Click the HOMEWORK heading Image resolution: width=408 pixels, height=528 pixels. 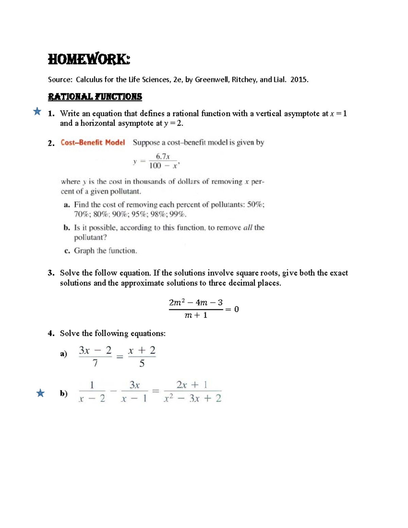pyautogui.click(x=89, y=59)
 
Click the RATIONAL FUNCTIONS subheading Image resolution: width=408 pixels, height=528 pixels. pyautogui.click(x=95, y=97)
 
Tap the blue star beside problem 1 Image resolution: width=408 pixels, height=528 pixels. pyautogui.click(x=37, y=111)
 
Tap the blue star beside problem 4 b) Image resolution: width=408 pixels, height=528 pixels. pyautogui.click(x=40, y=393)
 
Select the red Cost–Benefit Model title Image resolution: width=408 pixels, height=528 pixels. pyautogui.click(x=92, y=142)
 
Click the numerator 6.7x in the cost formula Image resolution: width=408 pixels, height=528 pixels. pyautogui.click(x=163, y=156)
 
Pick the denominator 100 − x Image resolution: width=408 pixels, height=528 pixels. pyautogui.click(x=164, y=166)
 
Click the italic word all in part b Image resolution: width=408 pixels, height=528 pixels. pyautogui.click(x=248, y=227)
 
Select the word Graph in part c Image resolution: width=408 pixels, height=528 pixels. pyautogui.click(x=84, y=251)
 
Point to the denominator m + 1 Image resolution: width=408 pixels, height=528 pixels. pyautogui.click(x=196, y=315)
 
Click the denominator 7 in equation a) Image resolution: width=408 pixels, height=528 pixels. pyautogui.click(x=95, y=363)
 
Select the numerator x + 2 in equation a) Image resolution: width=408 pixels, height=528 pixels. pyautogui.click(x=142, y=350)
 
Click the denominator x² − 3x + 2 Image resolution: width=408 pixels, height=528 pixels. pyautogui.click(x=192, y=398)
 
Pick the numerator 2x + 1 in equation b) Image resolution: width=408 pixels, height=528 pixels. pyautogui.click(x=192, y=385)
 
